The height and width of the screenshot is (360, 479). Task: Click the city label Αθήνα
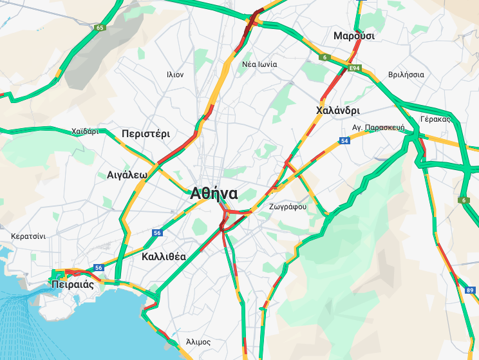[x=214, y=193]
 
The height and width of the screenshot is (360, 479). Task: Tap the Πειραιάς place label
[x=73, y=284]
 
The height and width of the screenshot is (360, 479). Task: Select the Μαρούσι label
[x=353, y=36]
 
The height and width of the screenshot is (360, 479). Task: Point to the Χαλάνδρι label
[x=338, y=111]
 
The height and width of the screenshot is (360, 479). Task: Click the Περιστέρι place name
[x=146, y=134]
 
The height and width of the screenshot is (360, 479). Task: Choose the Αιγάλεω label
[x=127, y=175]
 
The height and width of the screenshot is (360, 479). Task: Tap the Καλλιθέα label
[x=164, y=256]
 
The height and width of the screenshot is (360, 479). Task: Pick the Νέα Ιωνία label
[x=259, y=64]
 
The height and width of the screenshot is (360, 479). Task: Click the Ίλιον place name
[x=174, y=75]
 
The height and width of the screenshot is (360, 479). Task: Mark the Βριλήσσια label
[x=406, y=75]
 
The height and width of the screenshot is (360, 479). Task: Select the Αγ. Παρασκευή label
[x=378, y=128]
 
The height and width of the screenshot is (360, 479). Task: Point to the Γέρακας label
[x=434, y=119]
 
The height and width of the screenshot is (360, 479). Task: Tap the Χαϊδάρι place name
[x=85, y=131]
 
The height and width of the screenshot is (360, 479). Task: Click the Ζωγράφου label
[x=288, y=207]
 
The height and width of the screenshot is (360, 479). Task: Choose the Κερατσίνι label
[x=28, y=236]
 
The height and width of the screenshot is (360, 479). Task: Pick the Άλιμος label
[x=198, y=341]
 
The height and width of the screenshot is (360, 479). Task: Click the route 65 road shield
[x=99, y=28]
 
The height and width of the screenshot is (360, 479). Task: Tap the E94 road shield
[x=353, y=68]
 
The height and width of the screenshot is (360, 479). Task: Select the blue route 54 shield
[x=345, y=140]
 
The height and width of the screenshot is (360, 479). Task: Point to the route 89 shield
[x=469, y=290]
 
